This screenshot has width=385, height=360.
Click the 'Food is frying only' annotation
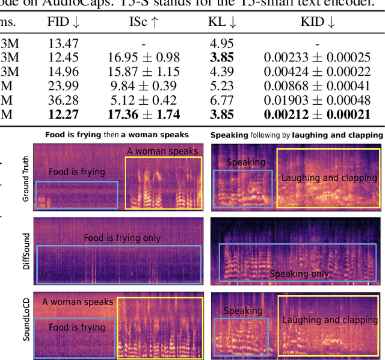click(x=122, y=238)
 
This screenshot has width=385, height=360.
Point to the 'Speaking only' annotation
click(x=298, y=274)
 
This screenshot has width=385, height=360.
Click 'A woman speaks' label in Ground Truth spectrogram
click(x=162, y=151)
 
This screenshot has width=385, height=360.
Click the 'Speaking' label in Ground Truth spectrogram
click(x=245, y=162)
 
